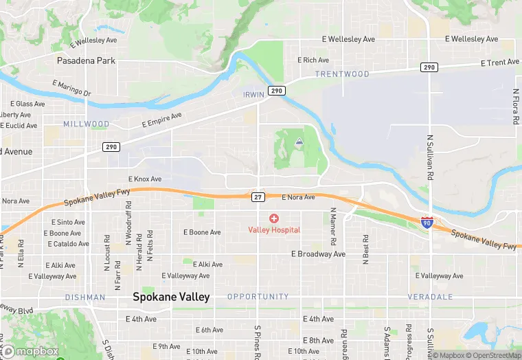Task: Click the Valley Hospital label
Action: click(274, 229)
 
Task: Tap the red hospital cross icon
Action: click(274, 218)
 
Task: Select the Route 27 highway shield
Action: click(258, 197)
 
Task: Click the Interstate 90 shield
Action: click(427, 223)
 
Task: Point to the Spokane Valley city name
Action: click(171, 297)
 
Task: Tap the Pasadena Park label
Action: click(86, 60)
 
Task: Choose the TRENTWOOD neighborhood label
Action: click(343, 74)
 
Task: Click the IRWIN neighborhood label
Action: click(253, 95)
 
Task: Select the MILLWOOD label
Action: click(86, 124)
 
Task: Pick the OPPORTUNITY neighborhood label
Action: click(258, 297)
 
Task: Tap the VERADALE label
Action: click(429, 297)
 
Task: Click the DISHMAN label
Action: click(85, 297)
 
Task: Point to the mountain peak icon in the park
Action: click(299, 142)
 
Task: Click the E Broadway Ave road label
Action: click(318, 254)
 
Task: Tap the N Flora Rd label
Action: click(515, 106)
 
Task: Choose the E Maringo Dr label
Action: click(71, 88)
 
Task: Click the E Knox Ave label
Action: click(144, 179)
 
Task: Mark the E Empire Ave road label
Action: click(162, 120)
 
